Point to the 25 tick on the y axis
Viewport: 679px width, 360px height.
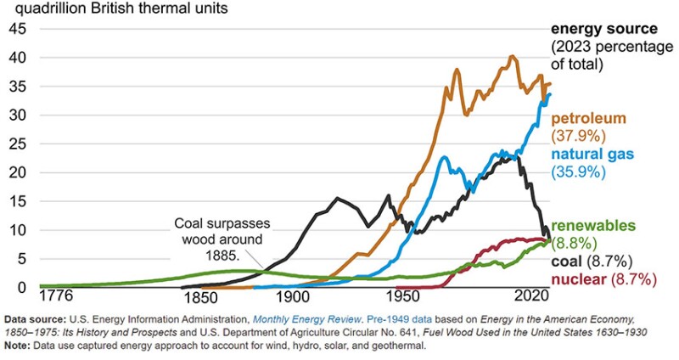16,143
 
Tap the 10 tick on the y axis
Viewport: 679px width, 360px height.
16,229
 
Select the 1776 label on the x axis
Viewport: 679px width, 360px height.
59,299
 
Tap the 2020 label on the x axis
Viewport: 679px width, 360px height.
527,299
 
